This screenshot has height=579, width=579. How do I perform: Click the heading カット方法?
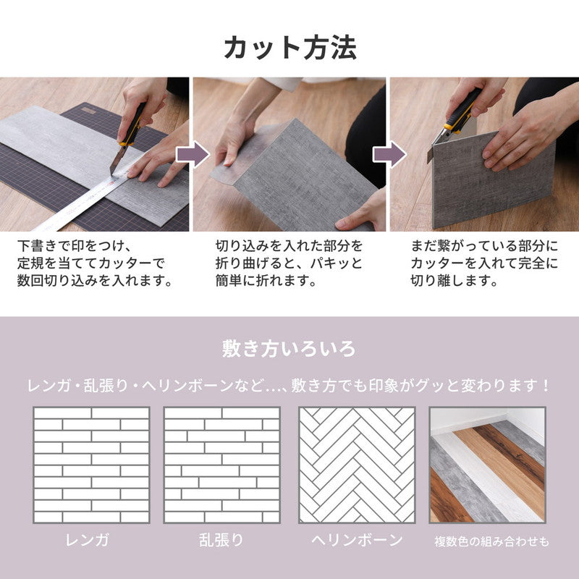coord(289,47)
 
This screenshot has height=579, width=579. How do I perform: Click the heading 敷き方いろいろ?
coord(289,349)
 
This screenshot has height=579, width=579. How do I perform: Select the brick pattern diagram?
coord(91,465)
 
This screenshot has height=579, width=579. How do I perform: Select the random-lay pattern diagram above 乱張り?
coord(221,465)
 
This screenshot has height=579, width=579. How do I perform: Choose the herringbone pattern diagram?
coord(357,465)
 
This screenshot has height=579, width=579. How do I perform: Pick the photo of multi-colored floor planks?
coord(486,465)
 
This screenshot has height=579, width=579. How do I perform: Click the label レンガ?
coord(91,540)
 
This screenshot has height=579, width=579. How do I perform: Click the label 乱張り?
coord(221,540)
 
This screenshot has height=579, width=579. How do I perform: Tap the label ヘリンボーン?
coord(357,540)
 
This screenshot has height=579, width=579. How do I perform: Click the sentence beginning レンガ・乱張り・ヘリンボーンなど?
coord(289,384)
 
